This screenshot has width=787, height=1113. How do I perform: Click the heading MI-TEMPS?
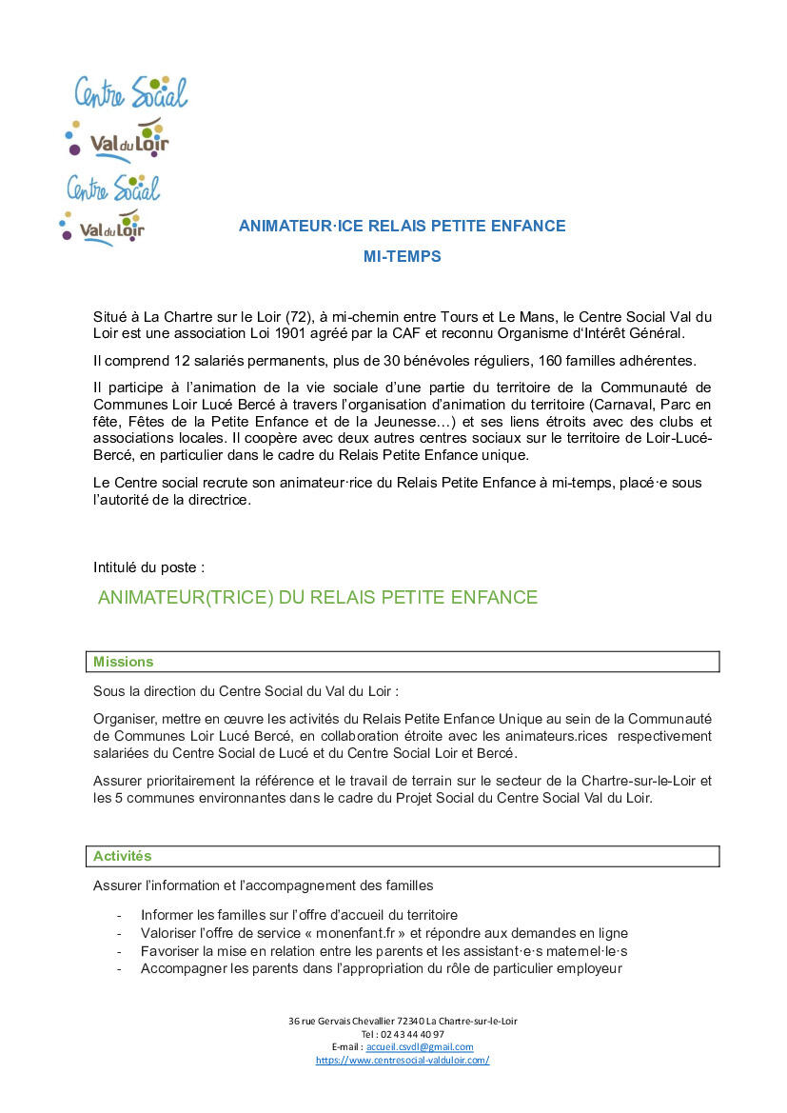coord(402,256)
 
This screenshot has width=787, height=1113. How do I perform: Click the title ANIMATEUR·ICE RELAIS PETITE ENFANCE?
coord(402,226)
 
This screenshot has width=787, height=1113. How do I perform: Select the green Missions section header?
coord(123,662)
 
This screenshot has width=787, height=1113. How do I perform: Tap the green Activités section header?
coord(122,856)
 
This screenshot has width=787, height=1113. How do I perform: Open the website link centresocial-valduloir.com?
coord(403,1060)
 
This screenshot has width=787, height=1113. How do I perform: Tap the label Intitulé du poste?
coord(148,566)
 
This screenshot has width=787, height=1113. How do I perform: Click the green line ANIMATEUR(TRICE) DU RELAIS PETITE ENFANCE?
coord(318,598)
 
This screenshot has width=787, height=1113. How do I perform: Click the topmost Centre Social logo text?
coord(131,91)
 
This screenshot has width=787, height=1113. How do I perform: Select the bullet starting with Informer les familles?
coord(299,915)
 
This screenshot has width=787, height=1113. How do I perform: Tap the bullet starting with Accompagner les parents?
coord(381,968)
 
